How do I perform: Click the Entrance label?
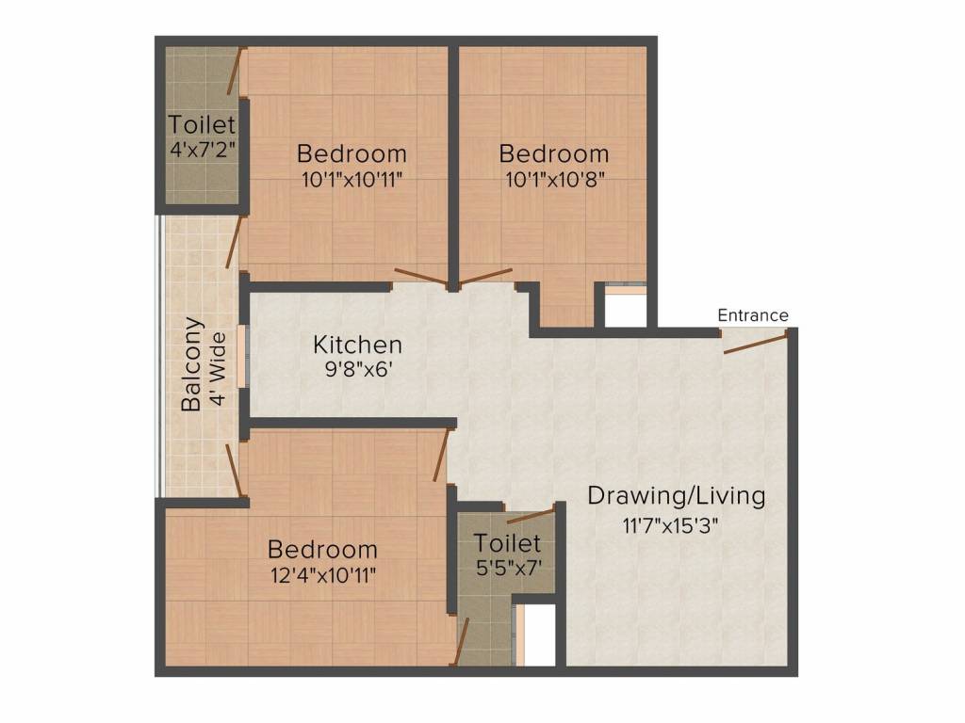pyautogui.click(x=753, y=315)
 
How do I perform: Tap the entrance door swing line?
pyautogui.click(x=755, y=343)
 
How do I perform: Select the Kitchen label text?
pyautogui.click(x=358, y=345)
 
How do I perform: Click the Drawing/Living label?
pyautogui.click(x=677, y=495)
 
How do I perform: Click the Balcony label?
pyautogui.click(x=192, y=364)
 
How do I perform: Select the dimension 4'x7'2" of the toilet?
pyautogui.click(x=202, y=149)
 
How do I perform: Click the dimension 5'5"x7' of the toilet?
pyautogui.click(x=509, y=569)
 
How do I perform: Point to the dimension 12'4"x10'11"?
pyautogui.click(x=322, y=574)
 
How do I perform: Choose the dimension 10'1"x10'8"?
pyautogui.click(x=553, y=178)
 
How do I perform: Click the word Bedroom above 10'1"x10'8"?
pyautogui.click(x=554, y=153)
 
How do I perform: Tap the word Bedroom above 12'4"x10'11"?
pyautogui.click(x=322, y=549)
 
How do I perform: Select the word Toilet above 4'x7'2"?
pyautogui.click(x=202, y=124)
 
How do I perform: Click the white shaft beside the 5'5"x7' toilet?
pyautogui.click(x=539, y=635)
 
